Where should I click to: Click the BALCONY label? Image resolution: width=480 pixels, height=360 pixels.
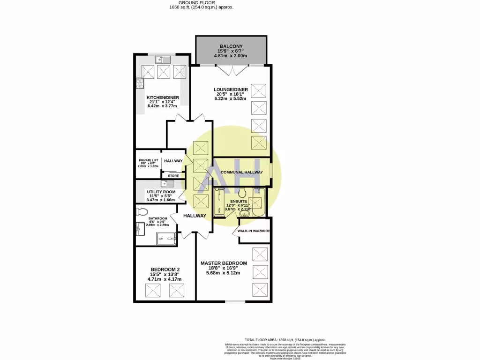tap(232, 46)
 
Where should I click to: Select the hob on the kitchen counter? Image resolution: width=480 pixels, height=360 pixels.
tap(139, 83)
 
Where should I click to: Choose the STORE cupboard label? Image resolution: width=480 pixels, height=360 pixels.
tap(173, 176)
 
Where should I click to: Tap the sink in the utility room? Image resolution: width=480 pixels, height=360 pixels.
tap(171, 183)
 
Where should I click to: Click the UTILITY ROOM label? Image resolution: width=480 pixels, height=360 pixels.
tap(161, 192)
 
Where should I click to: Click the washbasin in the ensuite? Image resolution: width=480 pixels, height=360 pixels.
tap(218, 202)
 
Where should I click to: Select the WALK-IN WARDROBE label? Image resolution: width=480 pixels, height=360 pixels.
tap(254, 231)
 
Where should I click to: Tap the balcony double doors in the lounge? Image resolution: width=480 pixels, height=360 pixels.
tap(231, 70)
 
